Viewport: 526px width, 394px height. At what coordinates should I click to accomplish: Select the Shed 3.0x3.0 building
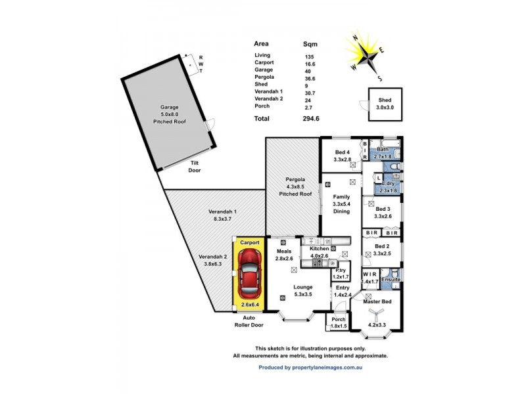385,104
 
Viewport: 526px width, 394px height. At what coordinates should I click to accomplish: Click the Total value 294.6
310,119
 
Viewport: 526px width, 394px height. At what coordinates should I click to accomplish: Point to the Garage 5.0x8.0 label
170,114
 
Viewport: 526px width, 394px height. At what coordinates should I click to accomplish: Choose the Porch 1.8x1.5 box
339,322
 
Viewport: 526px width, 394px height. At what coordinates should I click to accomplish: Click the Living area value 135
309,56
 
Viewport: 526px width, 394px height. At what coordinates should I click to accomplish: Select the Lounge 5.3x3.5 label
303,290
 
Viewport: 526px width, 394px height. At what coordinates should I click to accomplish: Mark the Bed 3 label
383,212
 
